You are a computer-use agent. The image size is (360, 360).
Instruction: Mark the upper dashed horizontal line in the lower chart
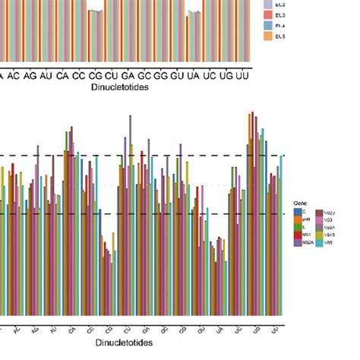pyautogui.click(x=152, y=156)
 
